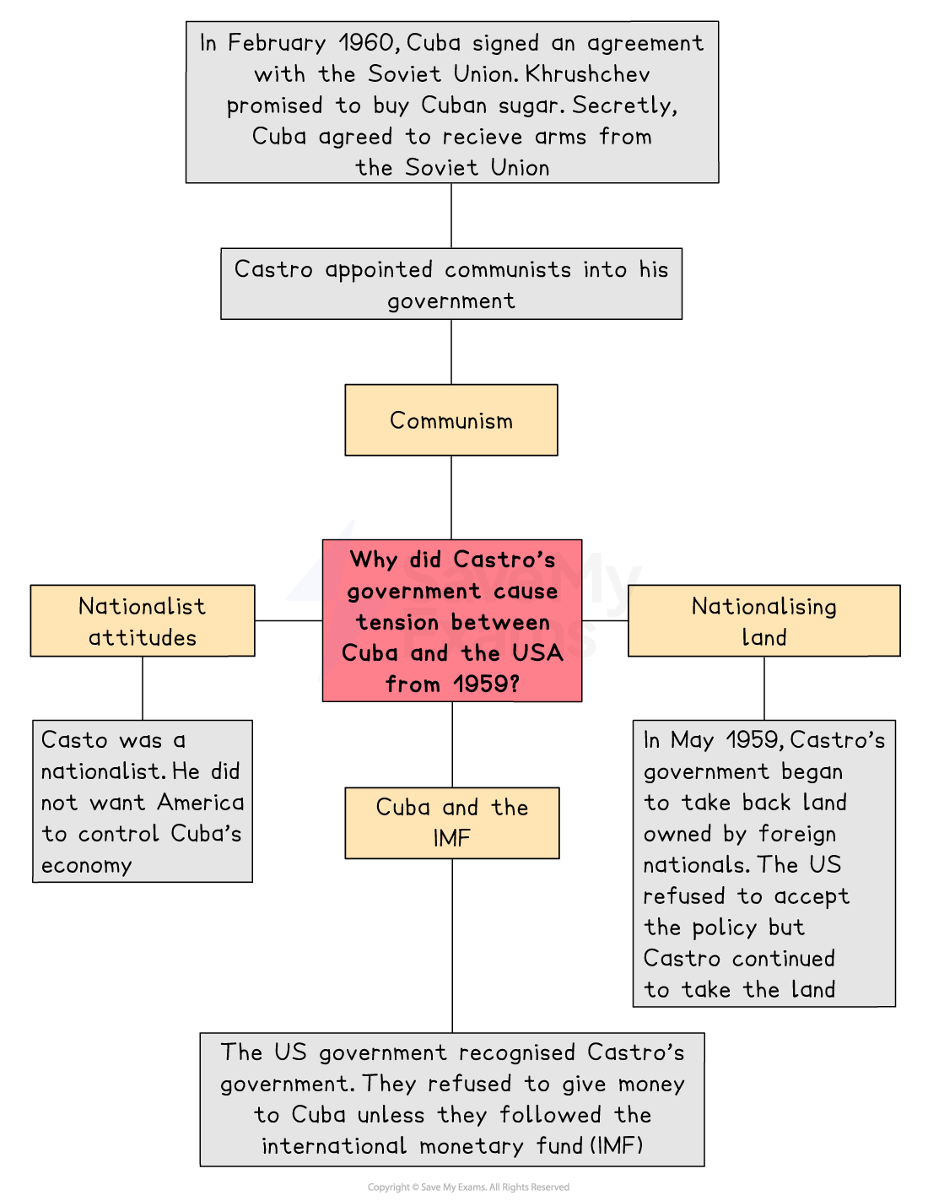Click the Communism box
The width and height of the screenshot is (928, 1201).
tap(451, 420)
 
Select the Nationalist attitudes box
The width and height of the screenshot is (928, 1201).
tap(143, 621)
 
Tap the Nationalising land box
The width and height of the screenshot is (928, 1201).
tap(763, 621)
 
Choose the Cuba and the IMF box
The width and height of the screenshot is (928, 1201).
tap(451, 823)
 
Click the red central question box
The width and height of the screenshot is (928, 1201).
tap(452, 621)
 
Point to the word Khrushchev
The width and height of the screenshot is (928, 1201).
tap(587, 74)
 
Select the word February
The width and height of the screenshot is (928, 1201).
tap(277, 44)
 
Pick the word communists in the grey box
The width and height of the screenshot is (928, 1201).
tap(508, 269)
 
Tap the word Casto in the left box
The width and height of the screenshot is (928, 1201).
tap(74, 740)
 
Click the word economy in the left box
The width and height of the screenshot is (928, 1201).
tap(87, 866)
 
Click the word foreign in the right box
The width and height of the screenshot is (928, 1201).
tap(797, 835)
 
